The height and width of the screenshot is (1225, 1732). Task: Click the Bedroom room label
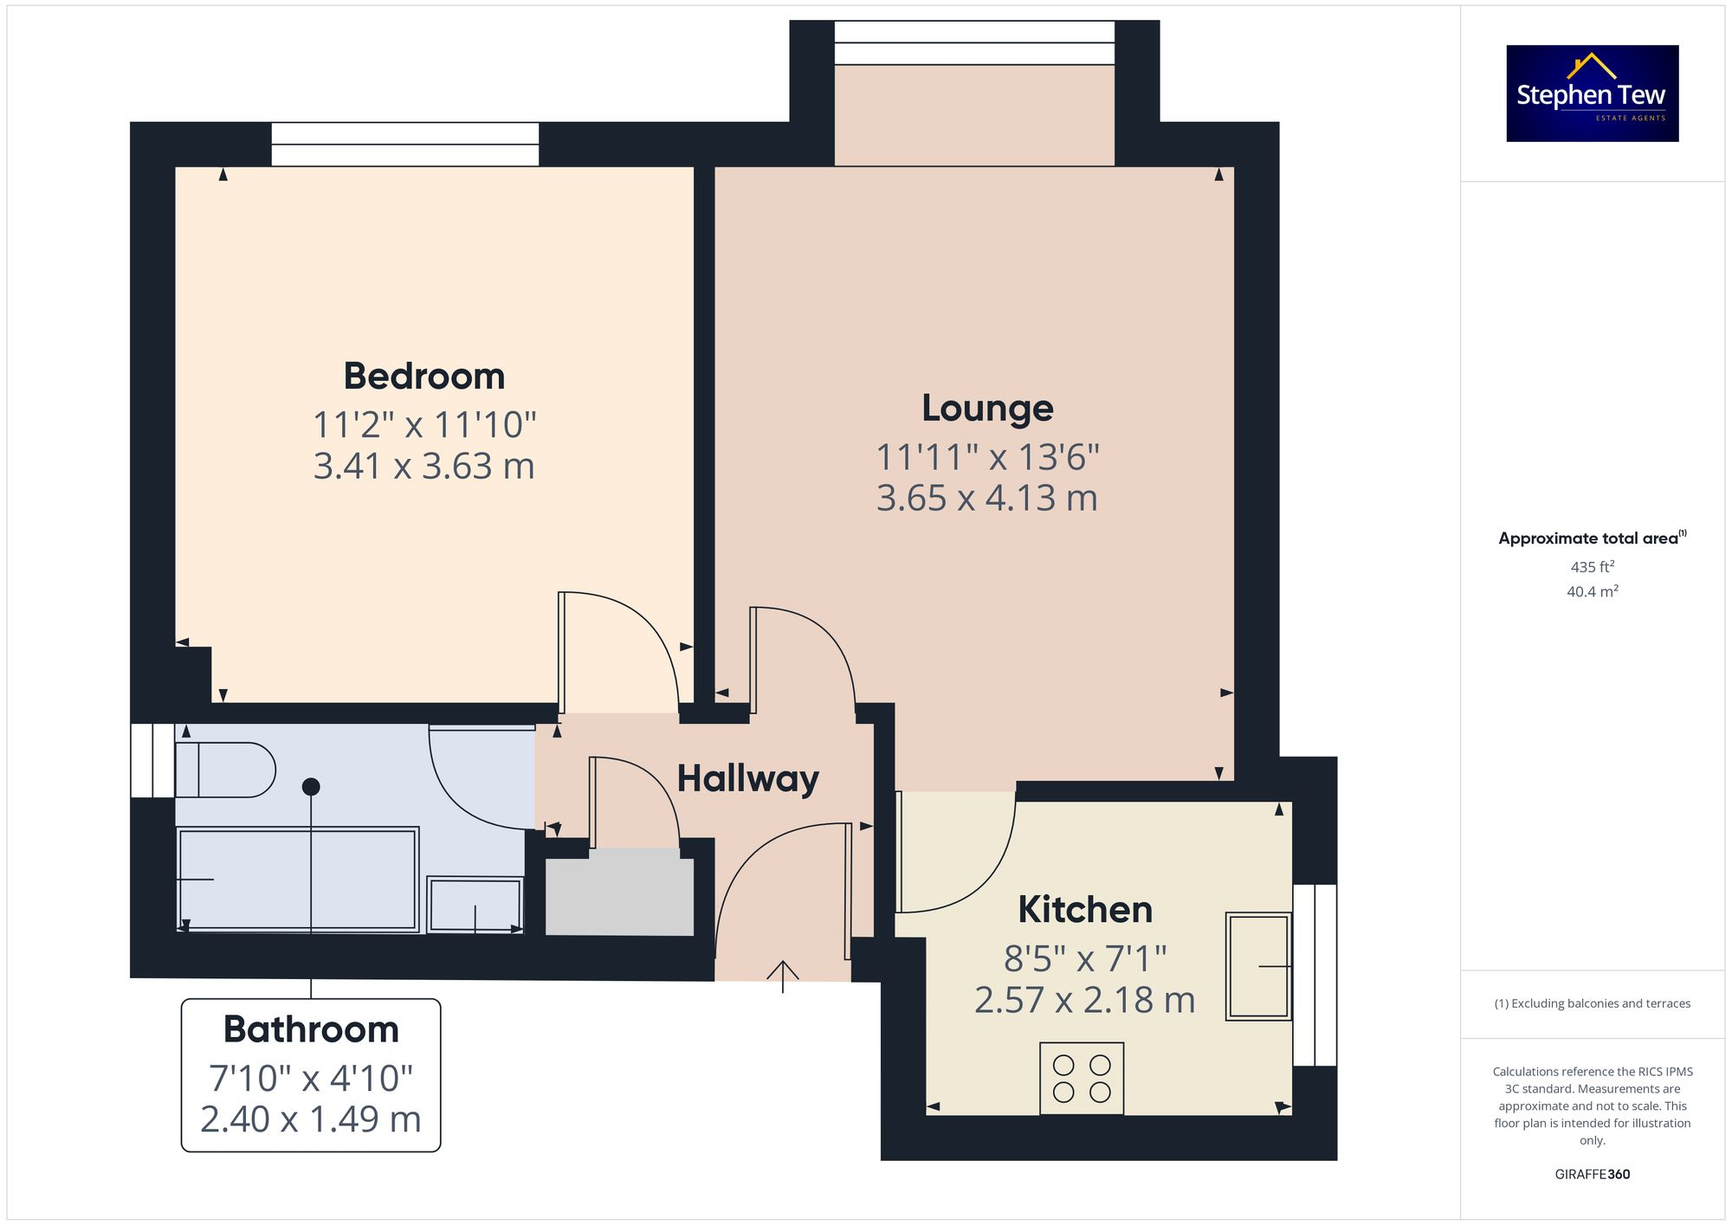click(x=423, y=377)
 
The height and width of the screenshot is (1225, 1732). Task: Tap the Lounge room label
click(x=987, y=408)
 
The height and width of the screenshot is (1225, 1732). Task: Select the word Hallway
click(x=747, y=778)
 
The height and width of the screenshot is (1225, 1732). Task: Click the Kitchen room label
click(x=1085, y=909)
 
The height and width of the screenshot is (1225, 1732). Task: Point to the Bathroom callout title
click(x=311, y=1029)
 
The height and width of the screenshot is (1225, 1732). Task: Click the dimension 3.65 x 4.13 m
click(x=986, y=499)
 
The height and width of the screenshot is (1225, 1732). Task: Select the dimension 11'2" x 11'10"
click(x=423, y=425)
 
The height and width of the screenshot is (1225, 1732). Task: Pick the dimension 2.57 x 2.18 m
click(x=1084, y=1001)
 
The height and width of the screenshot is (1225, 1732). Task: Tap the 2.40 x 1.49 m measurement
click(x=311, y=1119)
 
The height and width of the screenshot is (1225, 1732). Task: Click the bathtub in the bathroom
click(x=297, y=880)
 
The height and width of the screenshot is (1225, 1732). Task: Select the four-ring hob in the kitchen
click(x=1082, y=1079)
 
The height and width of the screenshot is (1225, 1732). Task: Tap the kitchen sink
click(x=1258, y=965)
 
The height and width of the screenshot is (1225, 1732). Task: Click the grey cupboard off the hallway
click(x=619, y=895)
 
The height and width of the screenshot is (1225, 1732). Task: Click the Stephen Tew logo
click(x=1592, y=93)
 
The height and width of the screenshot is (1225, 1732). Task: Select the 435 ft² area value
click(x=1592, y=567)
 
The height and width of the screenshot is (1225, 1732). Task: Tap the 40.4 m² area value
click(x=1592, y=592)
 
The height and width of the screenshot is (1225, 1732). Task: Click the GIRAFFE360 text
click(x=1592, y=1175)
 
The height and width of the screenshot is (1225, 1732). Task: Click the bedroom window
click(x=404, y=145)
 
